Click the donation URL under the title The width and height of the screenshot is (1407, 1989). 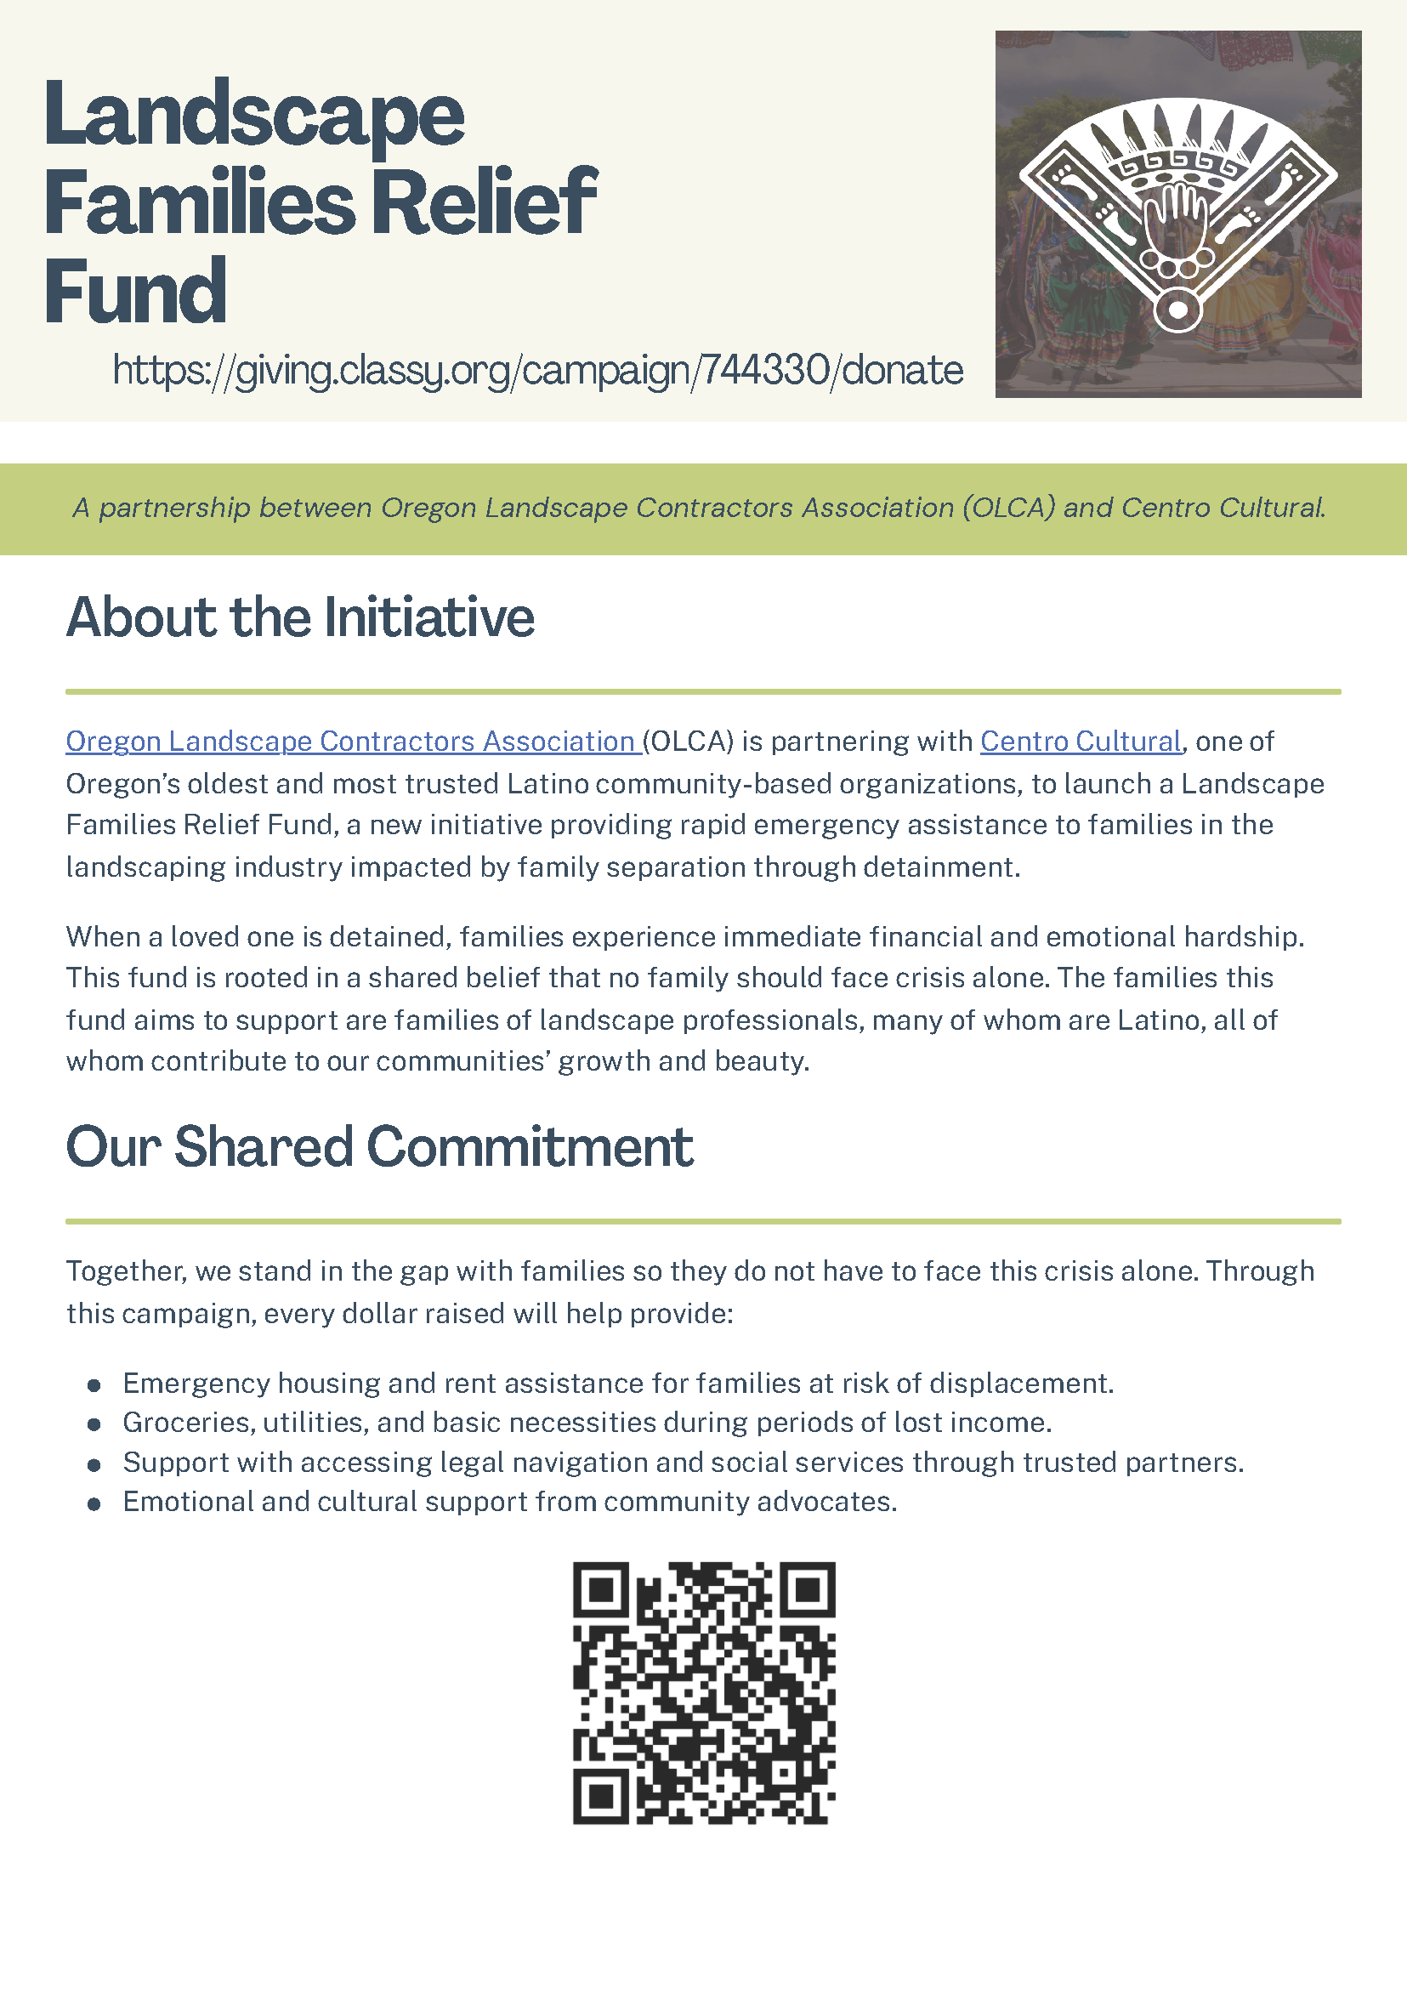(537, 371)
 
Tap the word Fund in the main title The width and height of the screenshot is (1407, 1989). (135, 291)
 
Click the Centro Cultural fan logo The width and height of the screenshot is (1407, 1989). (1177, 215)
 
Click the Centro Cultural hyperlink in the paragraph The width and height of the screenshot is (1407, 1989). (1081, 742)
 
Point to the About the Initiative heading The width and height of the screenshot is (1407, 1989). (300, 617)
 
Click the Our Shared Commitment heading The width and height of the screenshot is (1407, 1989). (378, 1146)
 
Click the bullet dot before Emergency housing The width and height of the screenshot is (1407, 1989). (94, 1386)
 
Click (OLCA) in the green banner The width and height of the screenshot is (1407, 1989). (1008, 508)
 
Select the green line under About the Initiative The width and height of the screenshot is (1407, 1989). (702, 691)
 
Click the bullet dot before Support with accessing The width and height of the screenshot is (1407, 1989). (94, 1464)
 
